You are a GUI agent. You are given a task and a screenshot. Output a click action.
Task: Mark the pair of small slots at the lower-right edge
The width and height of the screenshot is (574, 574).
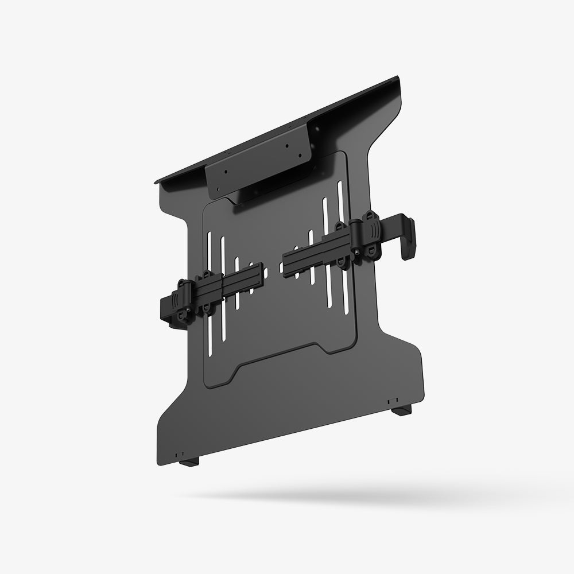click(392, 400)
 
